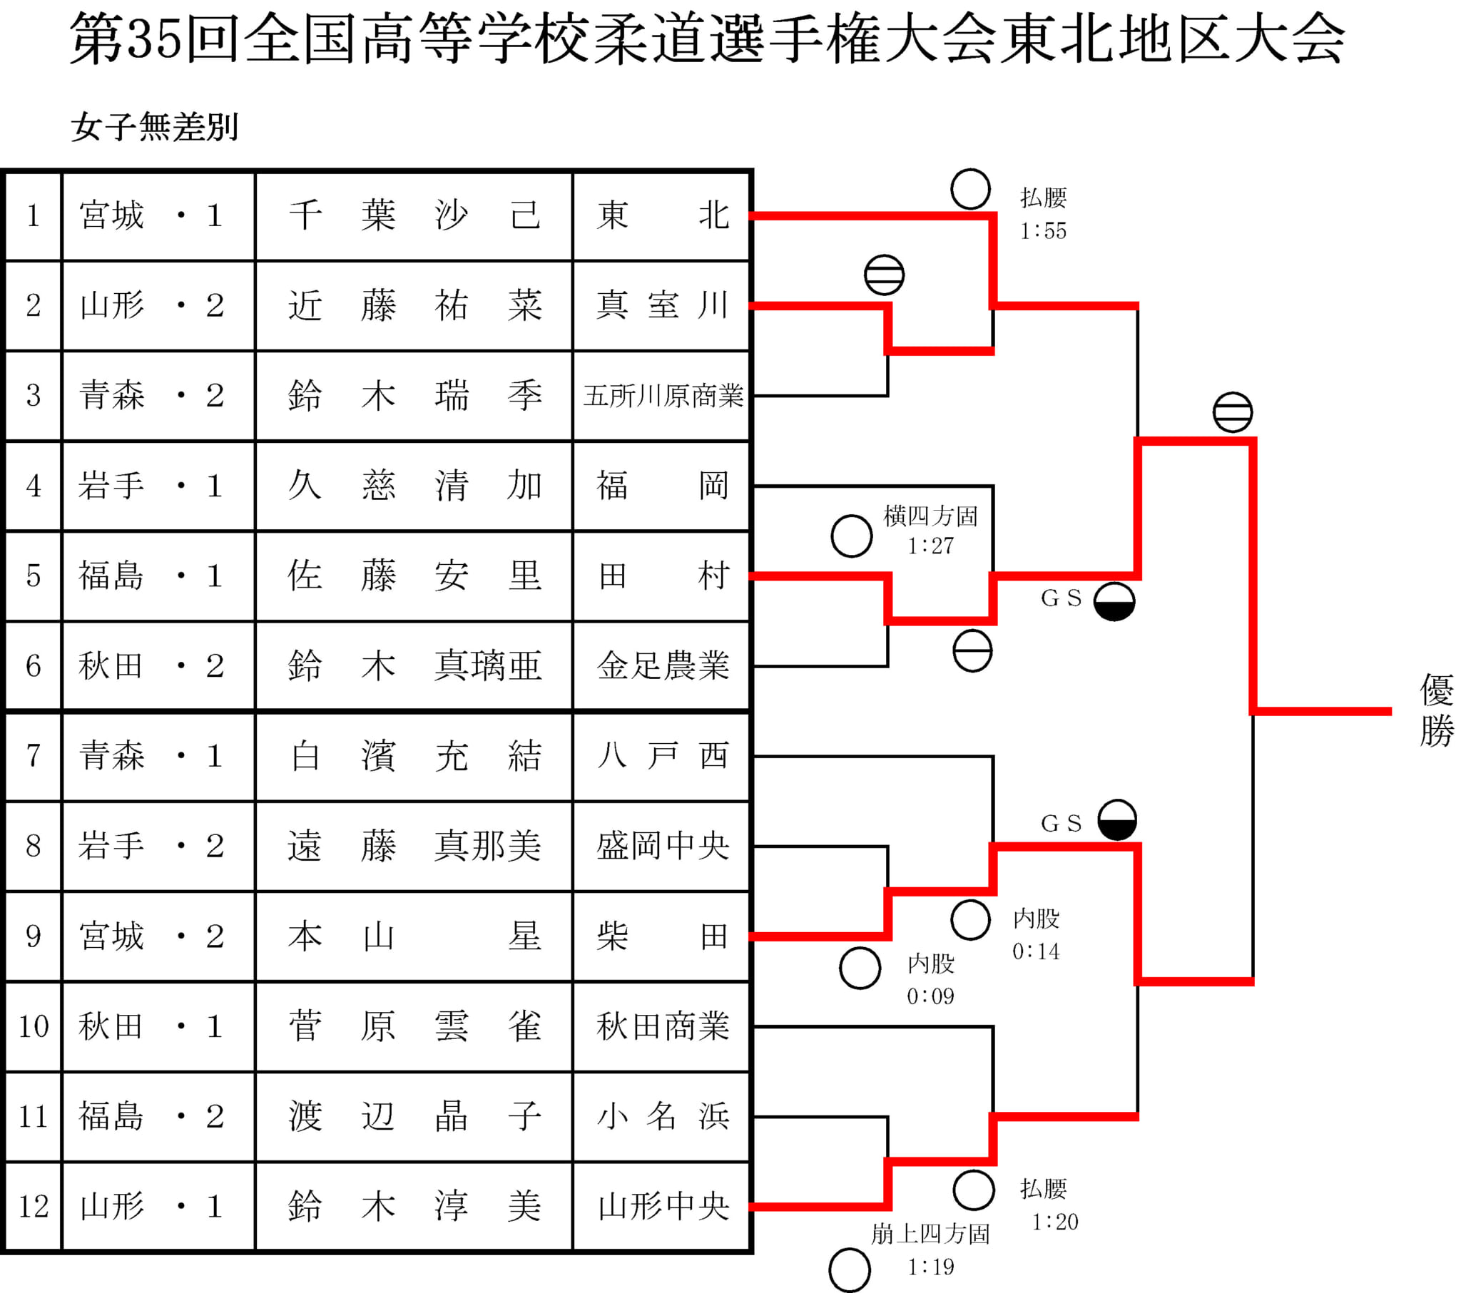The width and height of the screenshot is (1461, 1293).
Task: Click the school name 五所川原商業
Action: (x=663, y=396)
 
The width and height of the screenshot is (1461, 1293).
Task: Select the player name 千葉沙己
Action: (x=414, y=215)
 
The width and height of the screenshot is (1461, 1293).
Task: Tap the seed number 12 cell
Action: (x=34, y=1207)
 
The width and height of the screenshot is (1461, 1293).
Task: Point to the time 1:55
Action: (x=1043, y=231)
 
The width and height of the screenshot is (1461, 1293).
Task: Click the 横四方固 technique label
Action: (x=931, y=516)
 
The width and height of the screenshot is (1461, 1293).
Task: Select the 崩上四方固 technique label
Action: (x=931, y=1234)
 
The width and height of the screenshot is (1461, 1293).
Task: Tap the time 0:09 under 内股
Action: (x=931, y=996)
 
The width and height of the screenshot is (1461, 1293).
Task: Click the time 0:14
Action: (x=1036, y=951)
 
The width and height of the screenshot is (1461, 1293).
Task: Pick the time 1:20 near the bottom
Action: (x=1055, y=1222)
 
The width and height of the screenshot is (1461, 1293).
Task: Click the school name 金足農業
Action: (x=663, y=666)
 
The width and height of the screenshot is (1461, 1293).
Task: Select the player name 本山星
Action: (x=414, y=936)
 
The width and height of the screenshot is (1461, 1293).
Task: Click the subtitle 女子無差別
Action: (x=154, y=127)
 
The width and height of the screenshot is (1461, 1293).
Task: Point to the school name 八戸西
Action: (x=663, y=755)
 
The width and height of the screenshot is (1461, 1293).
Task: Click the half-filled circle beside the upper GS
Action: (x=1114, y=601)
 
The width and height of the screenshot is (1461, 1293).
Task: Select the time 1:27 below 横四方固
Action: (x=931, y=546)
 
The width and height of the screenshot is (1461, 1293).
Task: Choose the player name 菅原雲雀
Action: (x=414, y=1026)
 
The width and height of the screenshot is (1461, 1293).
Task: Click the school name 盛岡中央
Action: (x=663, y=847)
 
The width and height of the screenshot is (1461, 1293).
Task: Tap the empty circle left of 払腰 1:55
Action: (x=971, y=190)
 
